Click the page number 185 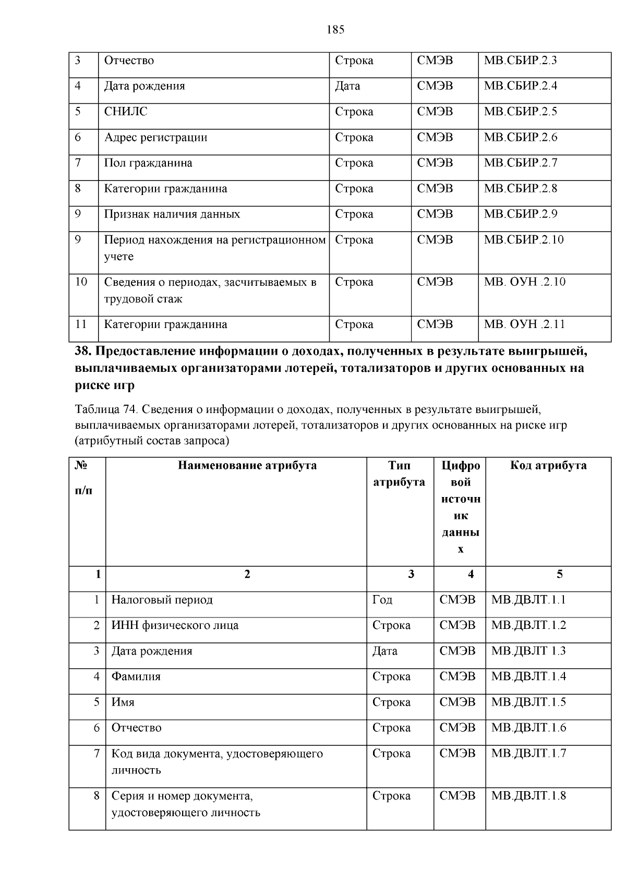[335, 30]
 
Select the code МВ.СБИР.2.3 [520, 60]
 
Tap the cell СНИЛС [126, 112]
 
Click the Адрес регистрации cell [155, 137]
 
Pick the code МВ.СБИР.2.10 [523, 240]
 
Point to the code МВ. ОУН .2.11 [524, 324]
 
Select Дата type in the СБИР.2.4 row [347, 86]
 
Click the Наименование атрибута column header [247, 465]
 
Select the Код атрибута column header [548, 465]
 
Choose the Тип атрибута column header [399, 474]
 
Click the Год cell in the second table [382, 600]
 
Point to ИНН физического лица [175, 625]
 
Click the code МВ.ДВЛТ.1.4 [528, 676]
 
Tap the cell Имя [123, 702]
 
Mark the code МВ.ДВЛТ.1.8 [528, 796]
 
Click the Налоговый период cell [162, 600]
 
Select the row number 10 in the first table [81, 282]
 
